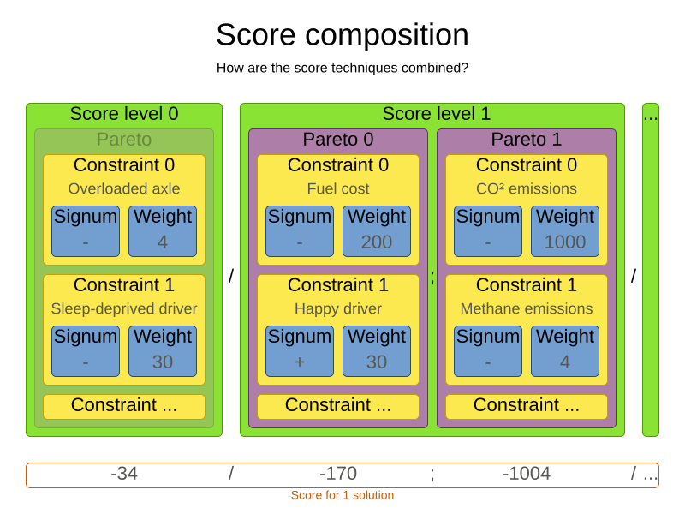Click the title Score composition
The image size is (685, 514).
pos(342,35)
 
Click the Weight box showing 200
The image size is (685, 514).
pos(377,231)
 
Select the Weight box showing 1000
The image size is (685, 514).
pos(565,231)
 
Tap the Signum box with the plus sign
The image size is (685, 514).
pos(300,351)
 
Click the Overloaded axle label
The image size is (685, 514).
pos(124,188)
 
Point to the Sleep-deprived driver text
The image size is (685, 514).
pos(124,308)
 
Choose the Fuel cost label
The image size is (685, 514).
pos(338,188)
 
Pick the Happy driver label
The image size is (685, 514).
pos(338,308)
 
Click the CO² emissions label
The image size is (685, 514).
pos(527,188)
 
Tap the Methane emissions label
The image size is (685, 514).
pos(527,308)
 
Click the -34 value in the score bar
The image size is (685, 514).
pos(124,474)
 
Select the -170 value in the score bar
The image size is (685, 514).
pos(338,474)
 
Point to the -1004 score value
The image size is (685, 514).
pos(527,474)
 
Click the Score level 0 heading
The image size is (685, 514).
pos(124,114)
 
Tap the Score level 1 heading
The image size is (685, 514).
pos(437,114)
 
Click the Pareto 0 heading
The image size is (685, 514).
pos(338,140)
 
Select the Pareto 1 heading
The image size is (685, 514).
pos(527,140)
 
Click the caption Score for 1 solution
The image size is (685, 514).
pos(342,495)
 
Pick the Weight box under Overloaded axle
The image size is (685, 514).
pos(163,231)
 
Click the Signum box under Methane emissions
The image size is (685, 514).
pos(488,351)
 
